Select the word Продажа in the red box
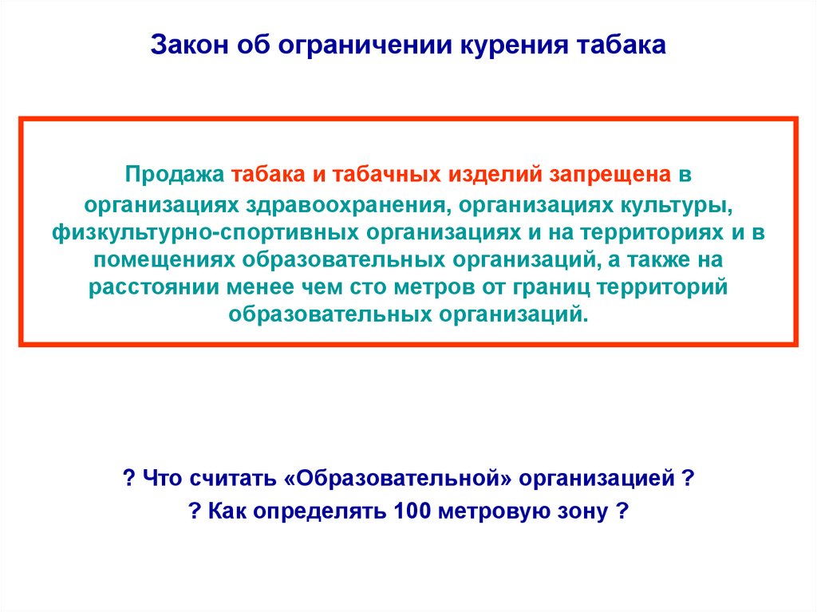click(175, 175)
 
